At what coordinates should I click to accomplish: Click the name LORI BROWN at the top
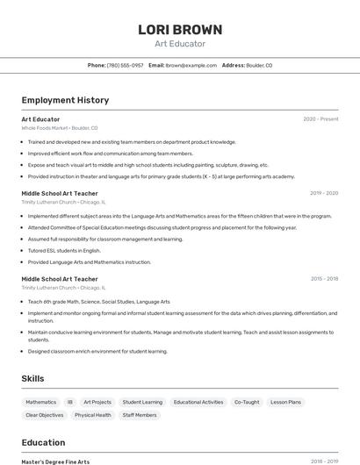point(179,29)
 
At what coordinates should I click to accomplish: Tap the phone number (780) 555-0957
point(125,65)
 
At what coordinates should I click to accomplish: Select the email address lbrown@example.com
point(191,65)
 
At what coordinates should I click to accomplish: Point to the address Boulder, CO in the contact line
point(259,65)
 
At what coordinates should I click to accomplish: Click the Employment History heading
point(65,100)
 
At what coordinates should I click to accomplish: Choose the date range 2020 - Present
point(320,118)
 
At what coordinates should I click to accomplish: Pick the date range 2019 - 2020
point(324,192)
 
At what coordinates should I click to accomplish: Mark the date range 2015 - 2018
point(324,278)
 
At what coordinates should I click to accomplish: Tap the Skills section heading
point(33,378)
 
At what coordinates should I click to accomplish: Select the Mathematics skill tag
point(40,402)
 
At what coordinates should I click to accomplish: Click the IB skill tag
point(70,402)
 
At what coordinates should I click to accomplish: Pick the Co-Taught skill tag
point(247,402)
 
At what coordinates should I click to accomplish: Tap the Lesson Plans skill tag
point(285,402)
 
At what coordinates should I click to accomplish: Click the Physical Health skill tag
point(92,415)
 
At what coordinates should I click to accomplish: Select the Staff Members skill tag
point(140,415)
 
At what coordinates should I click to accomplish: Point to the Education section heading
point(44,442)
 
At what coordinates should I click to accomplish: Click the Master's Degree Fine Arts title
point(55,461)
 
